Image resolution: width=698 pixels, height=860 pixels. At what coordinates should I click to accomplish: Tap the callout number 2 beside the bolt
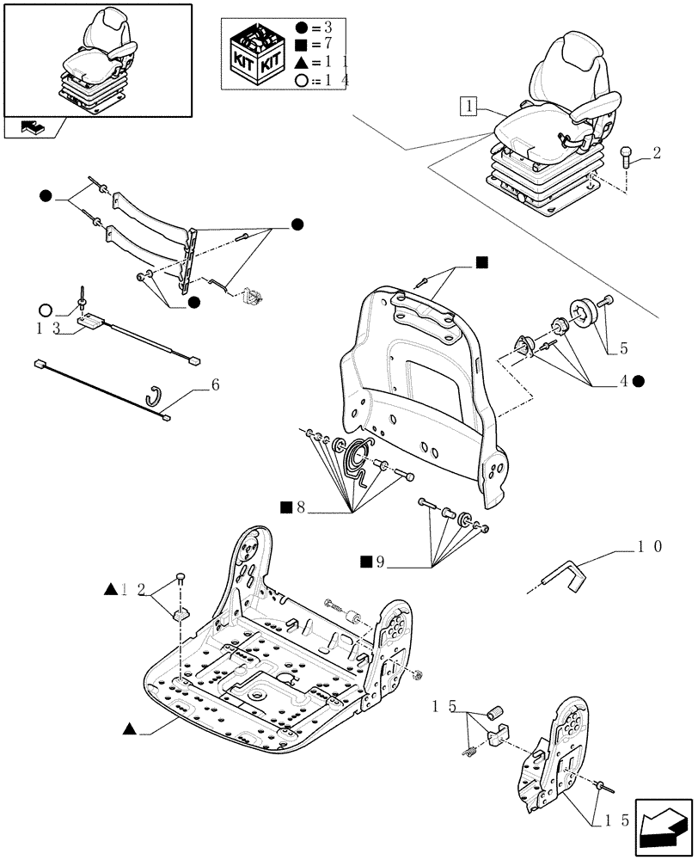coord(657,154)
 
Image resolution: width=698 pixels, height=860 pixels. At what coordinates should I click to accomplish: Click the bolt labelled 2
coord(628,159)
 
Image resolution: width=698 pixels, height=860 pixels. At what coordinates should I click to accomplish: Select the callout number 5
coord(622,348)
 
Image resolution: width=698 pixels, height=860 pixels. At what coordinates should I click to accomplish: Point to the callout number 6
coord(215,384)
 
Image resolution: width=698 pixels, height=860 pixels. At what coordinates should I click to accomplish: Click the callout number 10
coord(649,546)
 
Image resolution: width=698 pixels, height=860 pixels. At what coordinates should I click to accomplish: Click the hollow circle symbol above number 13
coord(46,310)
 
